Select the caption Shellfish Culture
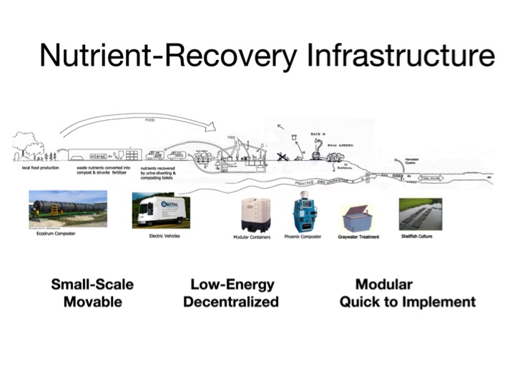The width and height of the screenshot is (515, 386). (421, 237)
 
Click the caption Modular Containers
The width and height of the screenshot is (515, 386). (252, 237)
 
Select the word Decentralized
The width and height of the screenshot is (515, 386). (230, 302)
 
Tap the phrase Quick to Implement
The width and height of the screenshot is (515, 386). (407, 302)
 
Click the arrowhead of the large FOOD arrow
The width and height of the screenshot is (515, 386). (208, 128)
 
